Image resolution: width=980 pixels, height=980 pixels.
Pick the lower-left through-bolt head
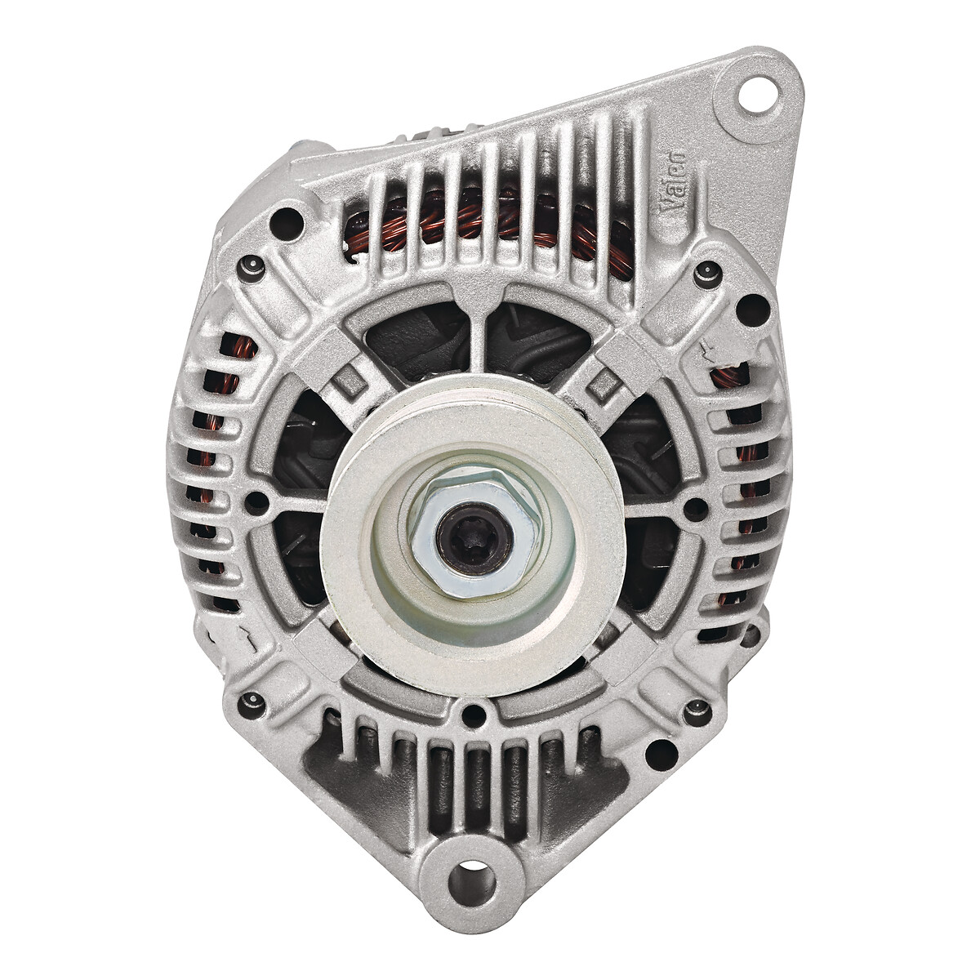coord(251,706)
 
